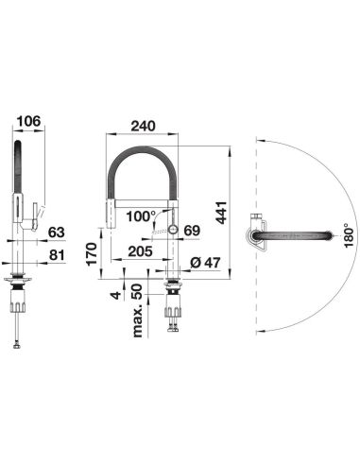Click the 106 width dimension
[x=28, y=121]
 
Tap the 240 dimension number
[x=144, y=126]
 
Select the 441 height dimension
[x=222, y=213]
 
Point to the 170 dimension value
[x=92, y=254]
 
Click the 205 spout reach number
[x=140, y=251]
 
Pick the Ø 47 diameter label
[x=206, y=263]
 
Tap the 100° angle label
[x=141, y=216]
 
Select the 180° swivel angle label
[x=349, y=235]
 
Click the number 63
[x=57, y=232]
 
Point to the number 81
[x=57, y=255]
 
